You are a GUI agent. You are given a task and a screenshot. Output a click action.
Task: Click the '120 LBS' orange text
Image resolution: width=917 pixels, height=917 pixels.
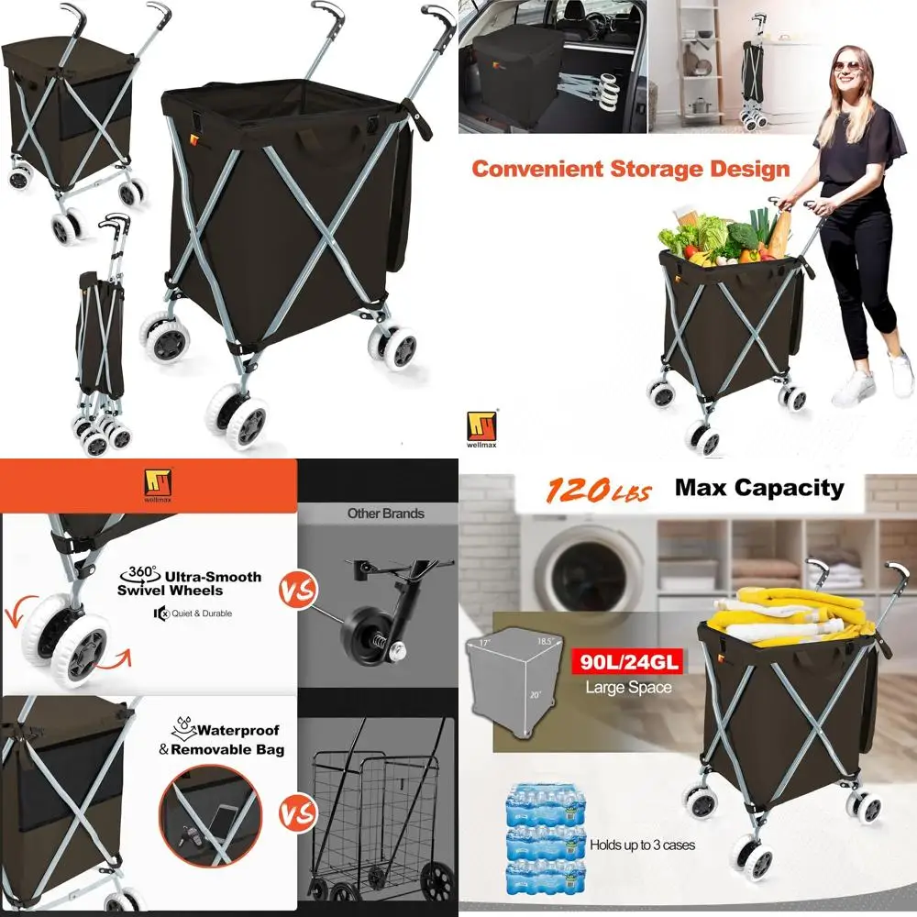tap(599, 491)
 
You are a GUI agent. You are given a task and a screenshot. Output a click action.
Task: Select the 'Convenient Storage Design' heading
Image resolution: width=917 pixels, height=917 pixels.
tap(630, 169)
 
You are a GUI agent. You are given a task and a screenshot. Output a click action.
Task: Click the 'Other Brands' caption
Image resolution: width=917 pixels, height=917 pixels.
tap(385, 514)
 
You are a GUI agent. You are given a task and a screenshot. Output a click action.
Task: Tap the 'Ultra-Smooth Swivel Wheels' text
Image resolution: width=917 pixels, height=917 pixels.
tap(189, 583)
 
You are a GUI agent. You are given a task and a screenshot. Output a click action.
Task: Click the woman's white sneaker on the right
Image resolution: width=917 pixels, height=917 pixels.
tap(900, 374)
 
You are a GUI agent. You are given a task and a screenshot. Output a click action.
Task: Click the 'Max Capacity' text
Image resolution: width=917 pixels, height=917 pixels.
tap(759, 488)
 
